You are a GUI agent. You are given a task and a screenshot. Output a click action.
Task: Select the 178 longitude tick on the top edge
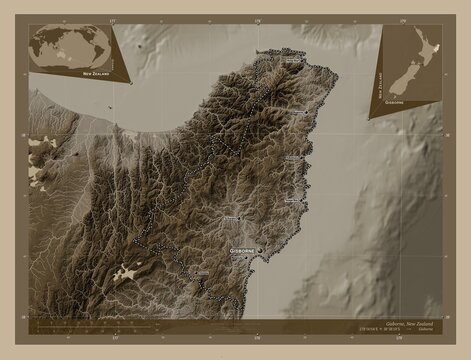coord(258,20)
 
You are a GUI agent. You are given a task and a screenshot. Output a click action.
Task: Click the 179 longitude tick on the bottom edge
coord(401,339)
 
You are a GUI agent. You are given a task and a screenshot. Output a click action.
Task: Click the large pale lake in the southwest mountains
coord(128,271)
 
